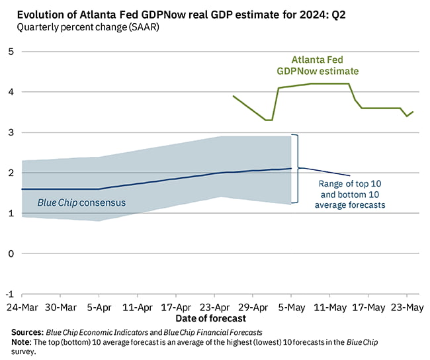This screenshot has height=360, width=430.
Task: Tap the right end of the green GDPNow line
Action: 413,112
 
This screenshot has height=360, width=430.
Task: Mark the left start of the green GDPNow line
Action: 233,96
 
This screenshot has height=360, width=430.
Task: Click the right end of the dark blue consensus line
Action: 291,168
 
